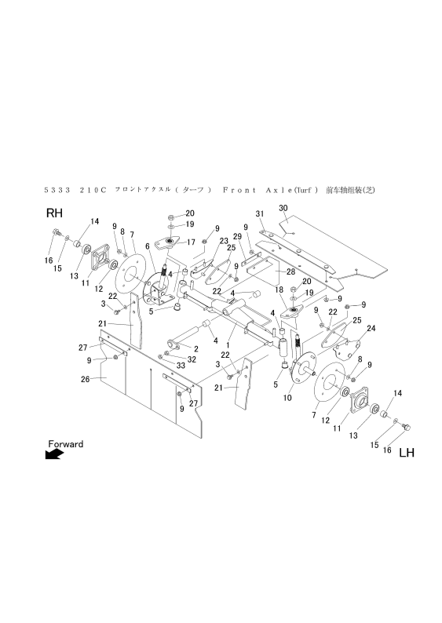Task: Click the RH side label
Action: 54,213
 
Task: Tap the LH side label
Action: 407,453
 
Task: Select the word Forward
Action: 65,444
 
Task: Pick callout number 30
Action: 284,208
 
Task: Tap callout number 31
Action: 259,214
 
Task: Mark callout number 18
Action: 277,290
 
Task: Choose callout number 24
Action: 371,328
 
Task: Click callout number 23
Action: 223,240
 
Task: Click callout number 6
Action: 146,246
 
